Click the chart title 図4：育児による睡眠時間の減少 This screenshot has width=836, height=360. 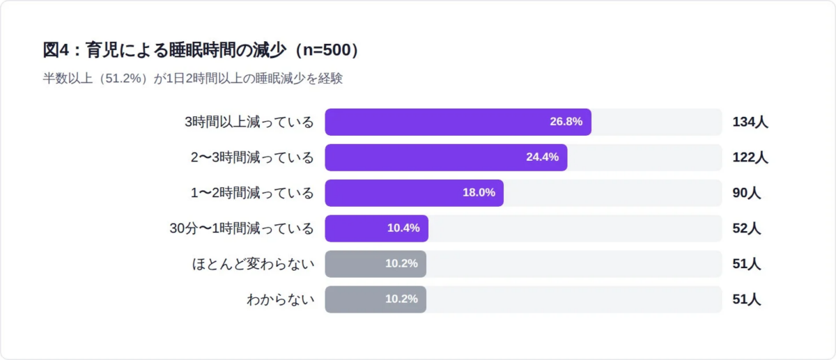[202, 50]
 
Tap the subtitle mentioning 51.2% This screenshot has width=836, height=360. [193, 79]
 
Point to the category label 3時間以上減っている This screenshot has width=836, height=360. [249, 122]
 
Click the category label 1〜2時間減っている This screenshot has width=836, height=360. [253, 193]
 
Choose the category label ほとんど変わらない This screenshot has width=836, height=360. [253, 264]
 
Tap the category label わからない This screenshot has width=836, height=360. [281, 299]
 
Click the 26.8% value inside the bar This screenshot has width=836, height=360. [566, 122]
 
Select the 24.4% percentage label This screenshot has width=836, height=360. [542, 157]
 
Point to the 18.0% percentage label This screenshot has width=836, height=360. [479, 193]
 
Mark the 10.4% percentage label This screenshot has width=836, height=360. [403, 228]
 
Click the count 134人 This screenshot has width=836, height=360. [750, 122]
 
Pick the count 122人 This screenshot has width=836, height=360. [750, 157]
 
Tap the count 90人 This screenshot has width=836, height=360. [746, 193]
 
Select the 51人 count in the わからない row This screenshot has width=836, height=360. [746, 299]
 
